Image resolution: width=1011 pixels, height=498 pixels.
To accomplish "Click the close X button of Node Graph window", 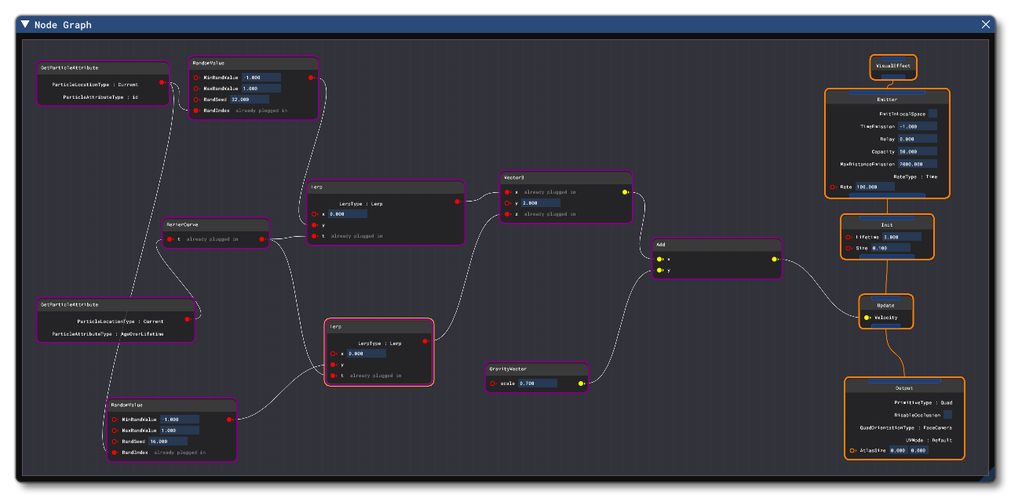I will click(x=986, y=24).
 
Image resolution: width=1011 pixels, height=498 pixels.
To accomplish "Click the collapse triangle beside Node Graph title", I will click(x=26, y=24).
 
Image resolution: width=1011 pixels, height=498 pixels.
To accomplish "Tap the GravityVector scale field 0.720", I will click(x=537, y=383).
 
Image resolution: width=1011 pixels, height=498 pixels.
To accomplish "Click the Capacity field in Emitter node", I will click(x=918, y=151).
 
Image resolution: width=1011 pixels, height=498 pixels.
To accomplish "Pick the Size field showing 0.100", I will click(x=891, y=248).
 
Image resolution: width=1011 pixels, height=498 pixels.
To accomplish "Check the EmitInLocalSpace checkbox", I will click(x=933, y=114).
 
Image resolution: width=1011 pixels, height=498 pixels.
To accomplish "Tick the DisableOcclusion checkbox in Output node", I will click(x=947, y=415).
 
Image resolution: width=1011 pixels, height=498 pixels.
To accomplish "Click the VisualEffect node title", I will click(x=893, y=66).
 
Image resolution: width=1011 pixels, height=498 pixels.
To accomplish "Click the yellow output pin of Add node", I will click(x=774, y=259).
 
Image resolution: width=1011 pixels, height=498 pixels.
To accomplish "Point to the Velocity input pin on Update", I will click(x=867, y=318).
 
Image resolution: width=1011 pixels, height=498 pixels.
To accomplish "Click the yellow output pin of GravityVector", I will click(x=581, y=383).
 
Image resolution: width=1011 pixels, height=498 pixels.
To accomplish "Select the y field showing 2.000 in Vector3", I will click(x=540, y=203).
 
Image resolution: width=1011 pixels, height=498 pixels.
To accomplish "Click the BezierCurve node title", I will click(x=181, y=224).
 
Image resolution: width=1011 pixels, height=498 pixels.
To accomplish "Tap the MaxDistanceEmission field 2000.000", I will click(x=918, y=164).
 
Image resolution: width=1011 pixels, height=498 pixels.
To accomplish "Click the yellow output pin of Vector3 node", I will click(x=625, y=192).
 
